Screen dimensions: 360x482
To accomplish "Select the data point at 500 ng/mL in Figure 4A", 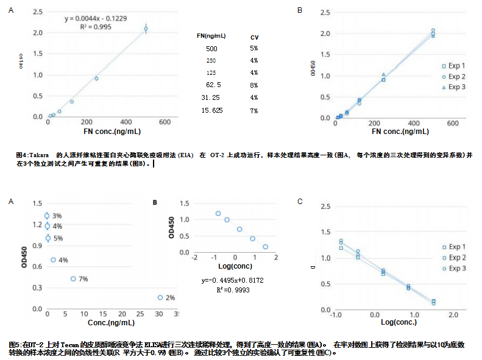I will [146, 29].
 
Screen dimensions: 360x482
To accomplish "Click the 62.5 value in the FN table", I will [213, 85].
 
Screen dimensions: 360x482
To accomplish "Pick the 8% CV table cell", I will [253, 85].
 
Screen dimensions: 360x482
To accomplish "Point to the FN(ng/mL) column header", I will [211, 37].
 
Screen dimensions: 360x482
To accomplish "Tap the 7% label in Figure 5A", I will [83, 279].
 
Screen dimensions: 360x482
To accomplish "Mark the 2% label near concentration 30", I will [170, 298].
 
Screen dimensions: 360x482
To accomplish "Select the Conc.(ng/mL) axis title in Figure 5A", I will [111, 322].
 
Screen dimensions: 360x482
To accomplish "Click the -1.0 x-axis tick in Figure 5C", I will [334, 315].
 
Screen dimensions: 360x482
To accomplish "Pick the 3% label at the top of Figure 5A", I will [57, 216].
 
